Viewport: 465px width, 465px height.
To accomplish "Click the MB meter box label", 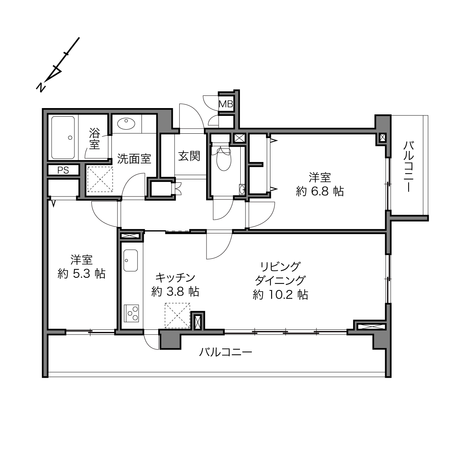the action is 225,104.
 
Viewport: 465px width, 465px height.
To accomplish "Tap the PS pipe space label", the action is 63,170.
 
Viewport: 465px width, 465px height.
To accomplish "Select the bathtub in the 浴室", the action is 63,137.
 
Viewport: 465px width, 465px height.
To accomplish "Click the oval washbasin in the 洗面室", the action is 126,124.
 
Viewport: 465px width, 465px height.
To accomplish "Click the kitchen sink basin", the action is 130,261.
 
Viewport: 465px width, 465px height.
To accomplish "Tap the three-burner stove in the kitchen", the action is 131,313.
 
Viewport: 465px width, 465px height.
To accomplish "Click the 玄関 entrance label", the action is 189,156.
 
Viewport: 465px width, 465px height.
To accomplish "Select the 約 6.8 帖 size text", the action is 319,191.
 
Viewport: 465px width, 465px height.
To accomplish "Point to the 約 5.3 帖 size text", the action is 82,274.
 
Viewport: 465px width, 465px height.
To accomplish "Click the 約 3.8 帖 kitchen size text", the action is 175,292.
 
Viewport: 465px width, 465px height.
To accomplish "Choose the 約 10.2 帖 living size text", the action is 280,295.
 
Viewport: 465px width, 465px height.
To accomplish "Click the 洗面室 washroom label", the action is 134,159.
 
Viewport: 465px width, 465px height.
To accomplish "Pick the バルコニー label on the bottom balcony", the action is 225,352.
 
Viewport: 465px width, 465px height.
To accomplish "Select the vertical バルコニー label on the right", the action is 409,167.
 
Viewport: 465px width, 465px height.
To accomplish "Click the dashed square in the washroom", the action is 100,179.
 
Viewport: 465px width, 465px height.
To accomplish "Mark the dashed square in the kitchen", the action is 178,316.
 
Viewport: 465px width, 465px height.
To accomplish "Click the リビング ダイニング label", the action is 280,274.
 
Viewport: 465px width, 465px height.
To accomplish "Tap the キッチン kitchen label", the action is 175,278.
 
